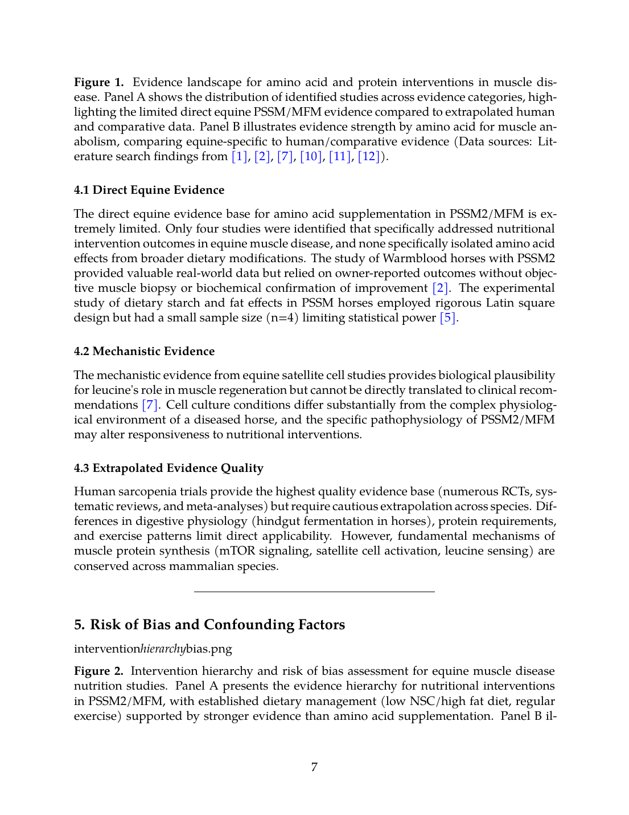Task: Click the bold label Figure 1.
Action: [98, 83]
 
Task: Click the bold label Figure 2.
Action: [98, 671]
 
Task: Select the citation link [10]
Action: [311, 157]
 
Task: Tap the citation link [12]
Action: [369, 157]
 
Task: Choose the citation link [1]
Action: [240, 157]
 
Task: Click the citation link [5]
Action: [448, 318]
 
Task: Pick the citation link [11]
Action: [340, 157]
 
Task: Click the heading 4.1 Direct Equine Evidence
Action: [149, 190]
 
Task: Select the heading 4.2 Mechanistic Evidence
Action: [144, 352]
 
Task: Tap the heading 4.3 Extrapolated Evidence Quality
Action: [168, 468]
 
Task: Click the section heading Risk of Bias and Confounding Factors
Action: [209, 625]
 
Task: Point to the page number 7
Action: [314, 767]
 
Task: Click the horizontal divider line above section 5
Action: [314, 592]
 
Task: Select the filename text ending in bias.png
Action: [153, 649]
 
